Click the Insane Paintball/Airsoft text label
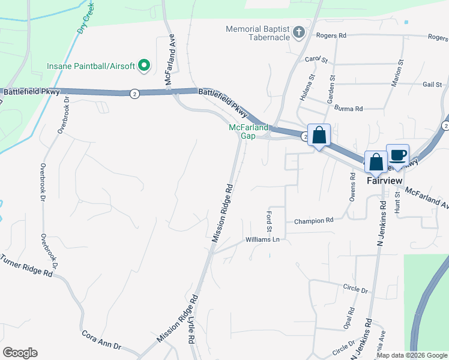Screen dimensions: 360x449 coord(91,65)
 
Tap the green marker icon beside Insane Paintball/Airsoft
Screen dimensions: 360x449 coord(144,65)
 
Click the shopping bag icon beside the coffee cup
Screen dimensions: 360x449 coord(376,161)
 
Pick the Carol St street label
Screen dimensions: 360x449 coord(316,60)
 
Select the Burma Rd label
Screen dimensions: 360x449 coord(351,109)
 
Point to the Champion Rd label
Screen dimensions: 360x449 coord(313,221)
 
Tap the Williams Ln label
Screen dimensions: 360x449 coord(263,239)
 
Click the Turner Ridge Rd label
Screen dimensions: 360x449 coord(26,266)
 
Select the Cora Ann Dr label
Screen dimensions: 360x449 coord(101,340)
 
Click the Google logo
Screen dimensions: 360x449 coord(20,353)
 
